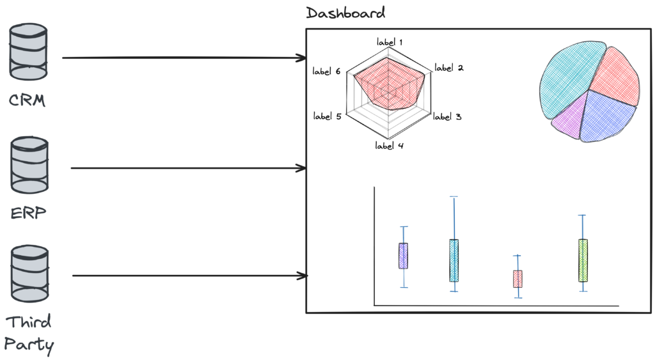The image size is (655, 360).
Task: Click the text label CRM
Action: tap(28, 100)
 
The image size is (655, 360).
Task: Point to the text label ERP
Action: tap(29, 213)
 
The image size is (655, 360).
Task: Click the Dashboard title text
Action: tap(346, 13)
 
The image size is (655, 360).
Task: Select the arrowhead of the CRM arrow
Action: tap(302, 58)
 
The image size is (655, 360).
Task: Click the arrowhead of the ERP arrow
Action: tap(302, 168)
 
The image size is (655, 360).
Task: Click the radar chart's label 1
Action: tap(390, 43)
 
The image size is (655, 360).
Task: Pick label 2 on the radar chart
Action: tap(448, 68)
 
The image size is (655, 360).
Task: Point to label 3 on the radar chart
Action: tap(448, 117)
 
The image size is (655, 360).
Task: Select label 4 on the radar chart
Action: tap(389, 145)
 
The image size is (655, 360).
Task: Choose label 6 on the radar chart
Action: tap(326, 72)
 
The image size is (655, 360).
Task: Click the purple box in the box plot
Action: tap(404, 255)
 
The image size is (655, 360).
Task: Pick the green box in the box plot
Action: tap(583, 260)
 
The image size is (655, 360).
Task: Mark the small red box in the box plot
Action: tap(517, 279)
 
